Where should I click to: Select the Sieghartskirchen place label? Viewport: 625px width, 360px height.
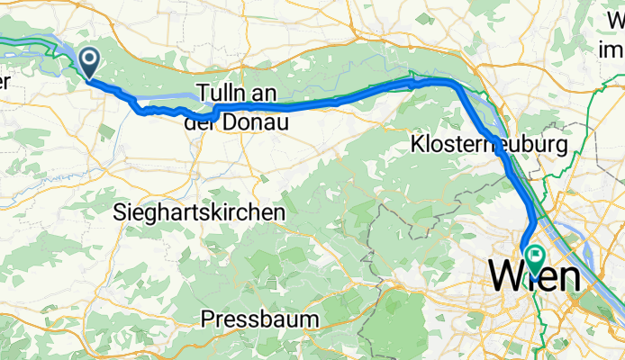point(201,212)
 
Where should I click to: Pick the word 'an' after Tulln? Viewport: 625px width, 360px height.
point(264,94)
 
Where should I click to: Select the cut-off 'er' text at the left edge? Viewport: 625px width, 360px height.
point(5,82)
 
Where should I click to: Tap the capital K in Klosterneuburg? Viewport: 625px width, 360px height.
point(417,144)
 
